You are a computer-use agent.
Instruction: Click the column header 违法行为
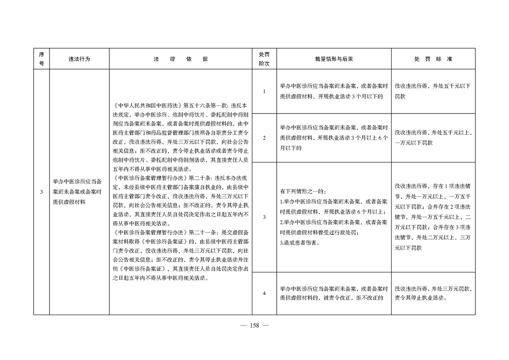coord(79,59)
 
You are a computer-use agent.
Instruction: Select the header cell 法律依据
coord(181,59)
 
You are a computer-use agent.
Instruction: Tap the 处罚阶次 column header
coord(264,59)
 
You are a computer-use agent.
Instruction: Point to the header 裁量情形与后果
coord(334,59)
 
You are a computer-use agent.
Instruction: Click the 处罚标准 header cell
coord(433,59)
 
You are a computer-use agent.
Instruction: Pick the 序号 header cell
coord(41,59)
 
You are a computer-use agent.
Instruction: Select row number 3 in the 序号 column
coord(41,192)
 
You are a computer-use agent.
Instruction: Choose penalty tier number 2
coord(264,138)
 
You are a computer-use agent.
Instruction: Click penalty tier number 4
coord(264,293)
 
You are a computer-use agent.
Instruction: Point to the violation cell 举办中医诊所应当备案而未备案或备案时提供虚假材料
coord(79,192)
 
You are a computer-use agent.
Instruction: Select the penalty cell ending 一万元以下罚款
coord(433,138)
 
